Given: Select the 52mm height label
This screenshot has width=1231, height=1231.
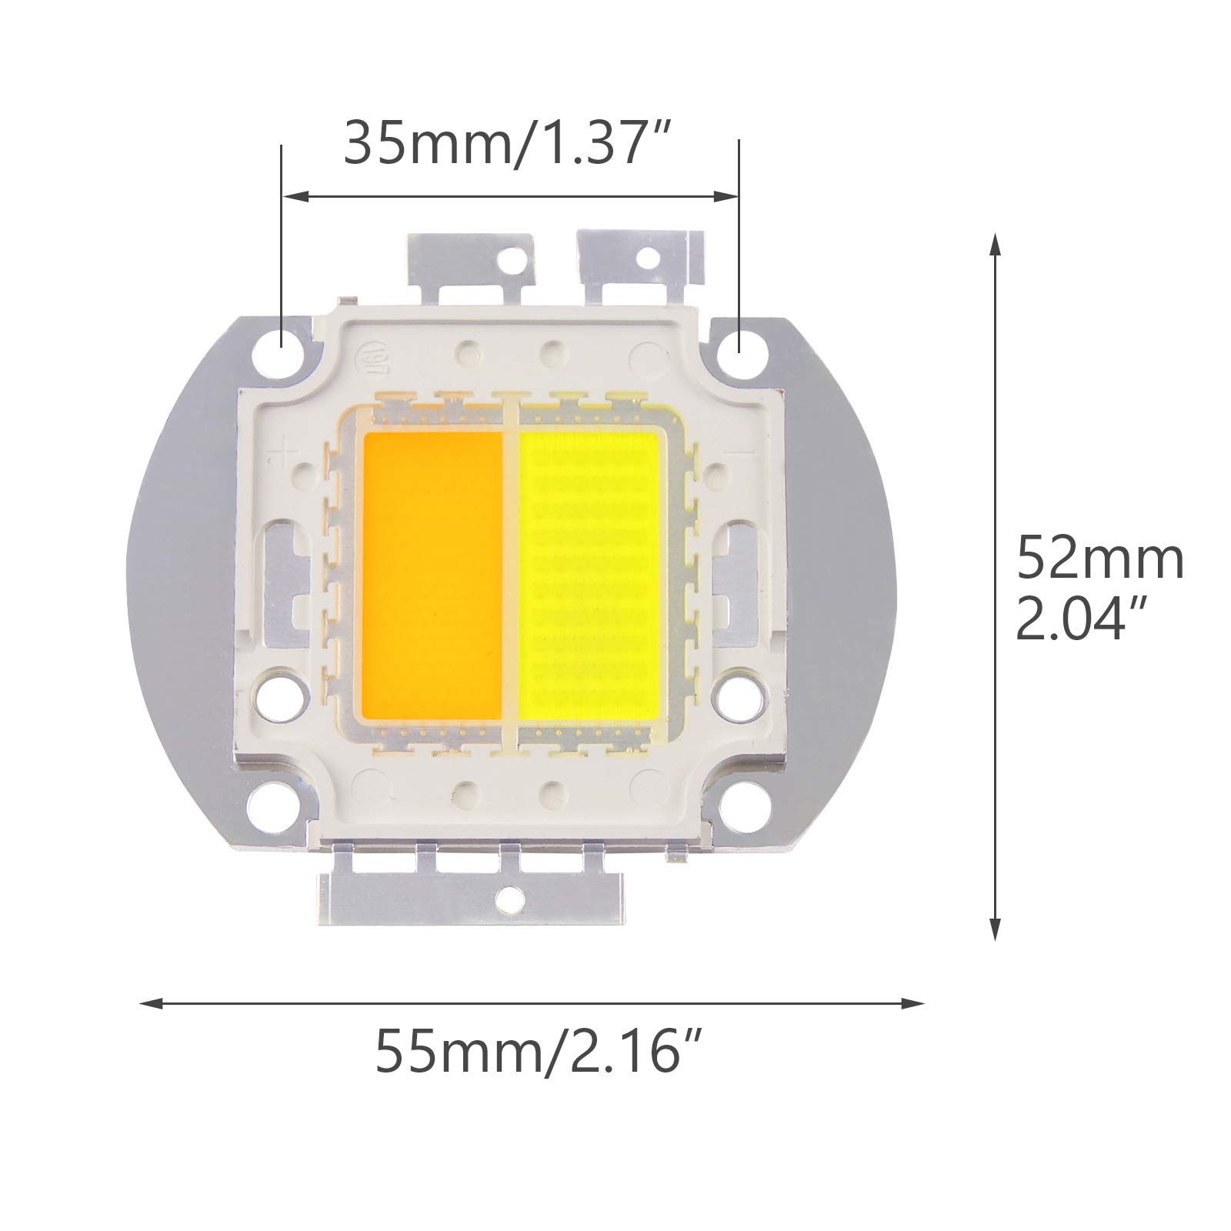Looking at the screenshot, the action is click(1100, 559).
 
